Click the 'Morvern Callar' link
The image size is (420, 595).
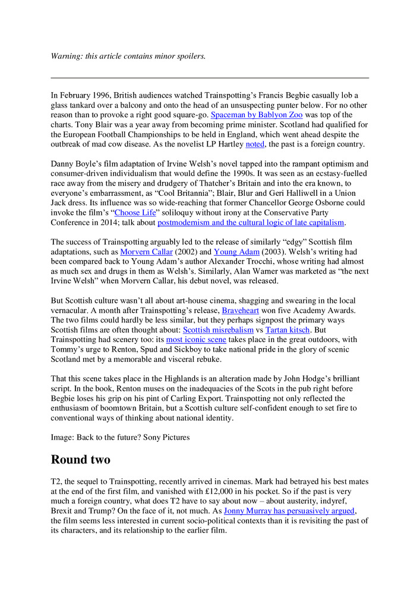153,252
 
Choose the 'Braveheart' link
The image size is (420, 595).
241,310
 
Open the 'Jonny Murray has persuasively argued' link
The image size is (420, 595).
289,511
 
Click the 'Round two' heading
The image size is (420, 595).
81,460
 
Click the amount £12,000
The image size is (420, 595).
241,491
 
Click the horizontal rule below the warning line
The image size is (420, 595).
210,78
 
